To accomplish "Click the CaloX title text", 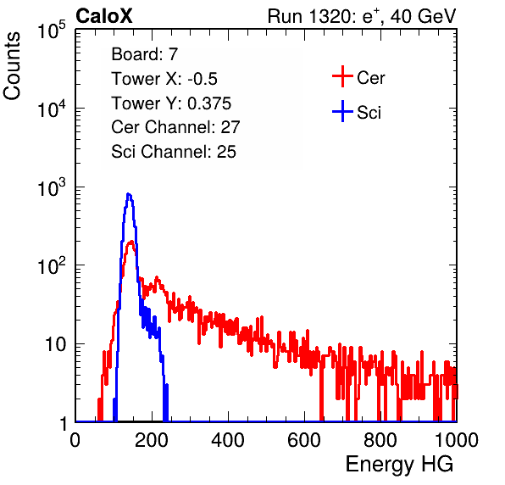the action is click(x=104, y=16).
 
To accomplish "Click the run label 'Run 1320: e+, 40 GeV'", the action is click(x=362, y=16).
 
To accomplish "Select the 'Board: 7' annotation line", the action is click(x=144, y=53).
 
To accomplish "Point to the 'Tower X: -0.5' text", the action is click(x=164, y=79).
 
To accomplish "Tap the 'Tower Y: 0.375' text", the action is click(x=171, y=103).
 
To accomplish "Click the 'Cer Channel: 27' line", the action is click(x=175, y=127).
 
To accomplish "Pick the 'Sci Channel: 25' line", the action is click(x=174, y=152).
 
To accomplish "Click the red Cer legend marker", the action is click(x=342, y=76).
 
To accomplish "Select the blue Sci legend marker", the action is click(x=342, y=111).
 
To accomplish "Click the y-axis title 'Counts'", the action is click(x=12, y=66).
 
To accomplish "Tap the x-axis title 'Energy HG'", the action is click(x=399, y=465).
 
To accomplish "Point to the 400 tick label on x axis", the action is click(x=228, y=440).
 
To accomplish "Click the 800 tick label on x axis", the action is click(x=380, y=440).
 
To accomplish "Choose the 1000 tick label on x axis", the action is click(x=457, y=440).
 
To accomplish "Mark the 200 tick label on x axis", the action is click(x=152, y=440).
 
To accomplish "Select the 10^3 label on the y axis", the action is click(x=52, y=187).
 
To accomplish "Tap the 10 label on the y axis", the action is click(x=55, y=344).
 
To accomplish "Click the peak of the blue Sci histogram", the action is click(x=129, y=194).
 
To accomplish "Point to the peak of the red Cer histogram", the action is click(x=131, y=242).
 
